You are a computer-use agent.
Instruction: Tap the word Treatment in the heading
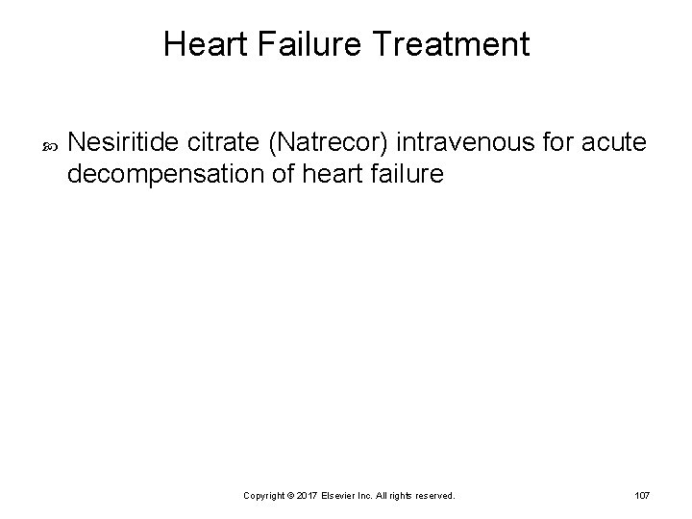446,44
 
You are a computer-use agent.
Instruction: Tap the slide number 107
642,495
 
